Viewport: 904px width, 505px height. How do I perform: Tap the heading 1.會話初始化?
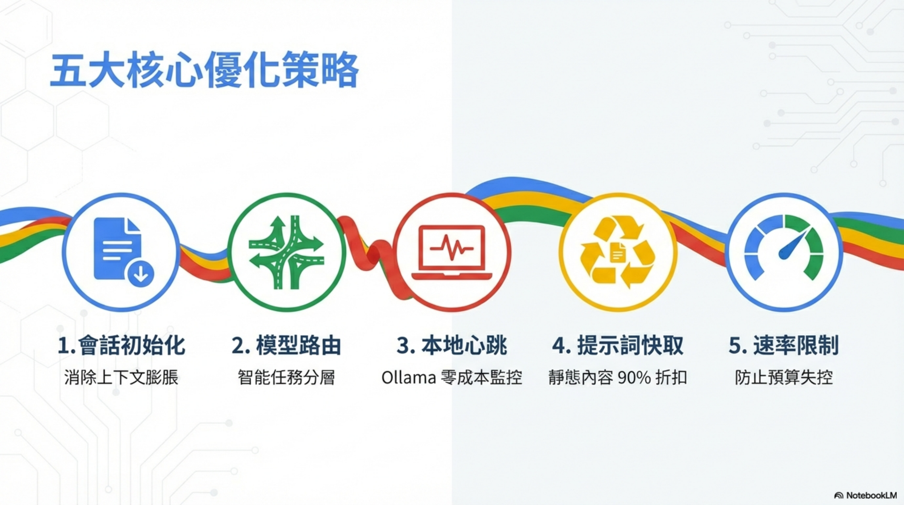(x=121, y=345)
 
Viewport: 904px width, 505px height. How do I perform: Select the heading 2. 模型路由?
(x=286, y=345)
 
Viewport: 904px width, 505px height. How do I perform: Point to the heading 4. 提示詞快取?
(x=618, y=345)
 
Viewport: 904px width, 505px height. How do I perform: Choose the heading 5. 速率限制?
(x=784, y=345)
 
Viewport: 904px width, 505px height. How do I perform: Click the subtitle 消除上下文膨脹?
(x=121, y=378)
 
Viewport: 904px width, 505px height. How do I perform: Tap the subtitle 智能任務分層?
(x=286, y=378)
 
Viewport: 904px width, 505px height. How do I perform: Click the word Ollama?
(x=408, y=378)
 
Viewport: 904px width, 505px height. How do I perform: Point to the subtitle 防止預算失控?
(x=784, y=378)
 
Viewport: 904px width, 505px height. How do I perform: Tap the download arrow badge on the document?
(x=141, y=274)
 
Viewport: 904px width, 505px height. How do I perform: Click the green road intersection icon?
(x=286, y=252)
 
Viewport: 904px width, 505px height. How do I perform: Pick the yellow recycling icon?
(x=618, y=252)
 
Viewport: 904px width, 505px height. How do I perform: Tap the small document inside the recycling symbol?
(x=618, y=252)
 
